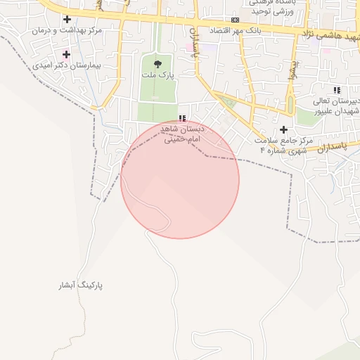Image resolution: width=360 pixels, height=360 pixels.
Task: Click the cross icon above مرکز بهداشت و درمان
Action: [x=67, y=19]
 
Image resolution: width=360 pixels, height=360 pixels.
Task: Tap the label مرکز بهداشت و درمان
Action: [x=67, y=31]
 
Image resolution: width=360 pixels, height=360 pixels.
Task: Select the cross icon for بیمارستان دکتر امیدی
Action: [x=66, y=54]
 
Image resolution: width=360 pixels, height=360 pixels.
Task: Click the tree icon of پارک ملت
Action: [x=157, y=64]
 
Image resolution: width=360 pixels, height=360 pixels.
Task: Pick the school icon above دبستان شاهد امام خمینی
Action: [x=182, y=119]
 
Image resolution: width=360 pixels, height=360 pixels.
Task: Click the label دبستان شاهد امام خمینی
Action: [x=182, y=134]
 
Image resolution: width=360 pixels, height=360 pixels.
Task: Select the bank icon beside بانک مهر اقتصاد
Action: [x=235, y=20]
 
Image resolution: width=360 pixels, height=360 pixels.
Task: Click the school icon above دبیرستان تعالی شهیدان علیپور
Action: [x=337, y=90]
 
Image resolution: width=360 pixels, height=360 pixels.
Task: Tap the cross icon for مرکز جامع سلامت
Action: [x=284, y=129]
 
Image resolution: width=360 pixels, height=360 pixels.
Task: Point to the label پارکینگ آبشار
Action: [x=81, y=285]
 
